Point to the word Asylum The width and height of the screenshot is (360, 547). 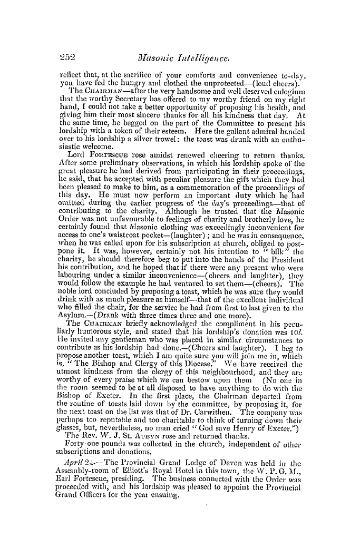(76, 311)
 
